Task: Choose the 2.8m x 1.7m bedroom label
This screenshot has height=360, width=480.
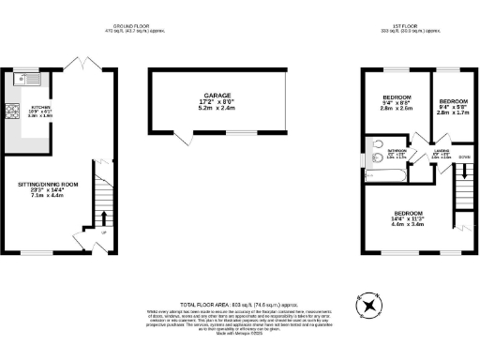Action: (454, 105)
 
